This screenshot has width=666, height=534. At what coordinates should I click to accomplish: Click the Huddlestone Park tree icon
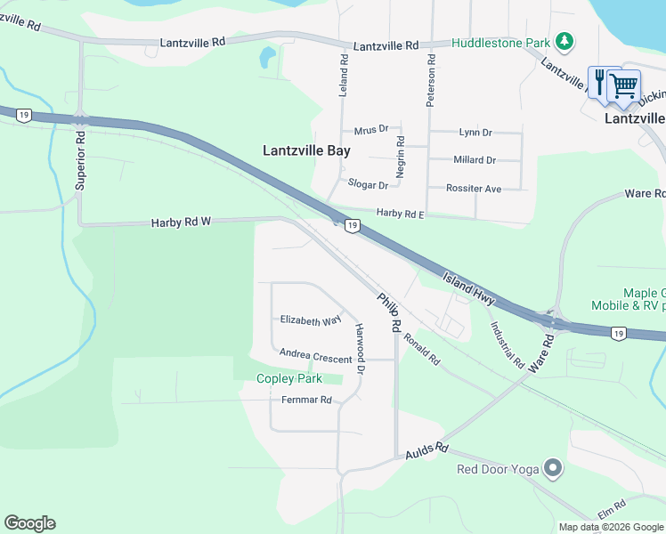pos(563,42)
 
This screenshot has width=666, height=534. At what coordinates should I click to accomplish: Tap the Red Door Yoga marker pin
pos(553,468)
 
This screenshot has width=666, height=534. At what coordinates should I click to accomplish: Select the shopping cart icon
pos(624,85)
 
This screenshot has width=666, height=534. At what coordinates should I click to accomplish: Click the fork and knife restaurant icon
pos(600,81)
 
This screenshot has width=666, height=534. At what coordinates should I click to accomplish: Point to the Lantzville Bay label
pos(306,150)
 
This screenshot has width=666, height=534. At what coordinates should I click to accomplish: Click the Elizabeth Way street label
pos(311,320)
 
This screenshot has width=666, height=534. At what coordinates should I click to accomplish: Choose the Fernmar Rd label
pos(307,400)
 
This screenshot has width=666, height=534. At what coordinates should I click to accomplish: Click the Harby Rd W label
pos(180,222)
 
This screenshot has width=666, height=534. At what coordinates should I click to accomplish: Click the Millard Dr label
pos(475,160)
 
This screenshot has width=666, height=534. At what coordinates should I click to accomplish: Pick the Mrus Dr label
pos(371,131)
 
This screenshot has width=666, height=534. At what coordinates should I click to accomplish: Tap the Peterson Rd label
pos(430,81)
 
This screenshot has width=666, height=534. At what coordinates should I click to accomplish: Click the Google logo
pos(29,523)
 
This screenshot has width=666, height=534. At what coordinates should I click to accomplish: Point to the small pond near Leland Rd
pos(266,60)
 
